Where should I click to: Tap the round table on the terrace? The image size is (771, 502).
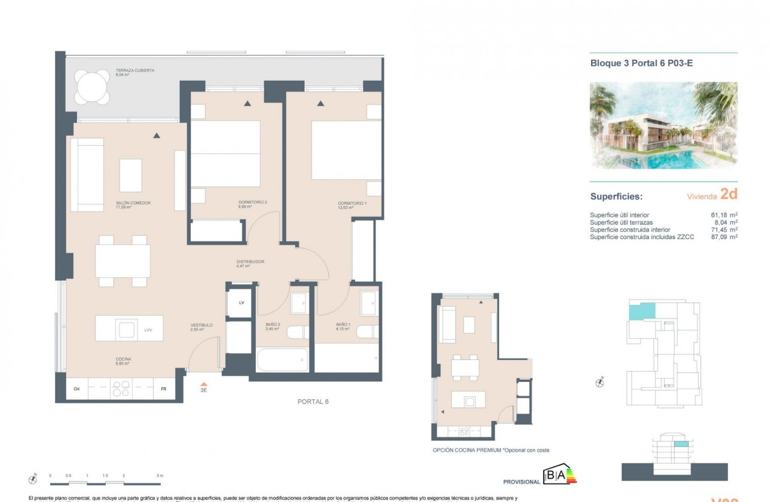pos(92,87)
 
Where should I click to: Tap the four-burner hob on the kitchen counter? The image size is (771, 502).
pos(121,389)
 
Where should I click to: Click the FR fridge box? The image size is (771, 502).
pos(163,389)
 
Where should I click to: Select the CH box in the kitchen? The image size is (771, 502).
pos(77,389)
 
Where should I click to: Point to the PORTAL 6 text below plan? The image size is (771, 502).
pos(313,402)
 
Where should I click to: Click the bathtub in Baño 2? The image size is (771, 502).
pos(282,360)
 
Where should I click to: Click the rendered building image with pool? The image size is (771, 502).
pos(663,125)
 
